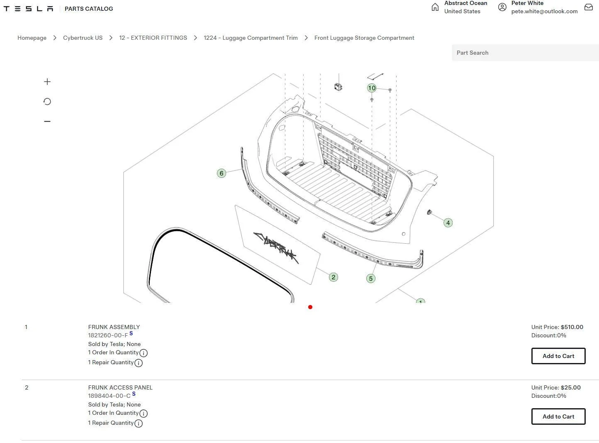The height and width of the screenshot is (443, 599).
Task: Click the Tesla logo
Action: click(28, 9)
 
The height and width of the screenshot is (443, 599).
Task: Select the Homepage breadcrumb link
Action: click(32, 38)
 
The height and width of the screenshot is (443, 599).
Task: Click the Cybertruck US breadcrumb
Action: click(83, 38)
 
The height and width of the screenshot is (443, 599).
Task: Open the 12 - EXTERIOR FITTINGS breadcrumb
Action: click(153, 38)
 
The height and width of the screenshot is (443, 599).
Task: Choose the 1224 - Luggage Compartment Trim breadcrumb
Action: click(251, 38)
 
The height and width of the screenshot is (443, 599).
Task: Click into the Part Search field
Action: click(525, 53)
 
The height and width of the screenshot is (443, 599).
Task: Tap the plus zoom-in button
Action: click(47, 82)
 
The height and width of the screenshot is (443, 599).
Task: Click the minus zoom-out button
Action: click(47, 121)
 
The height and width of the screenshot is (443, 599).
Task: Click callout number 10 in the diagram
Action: click(372, 88)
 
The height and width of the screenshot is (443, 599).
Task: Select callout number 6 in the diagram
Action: click(222, 173)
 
